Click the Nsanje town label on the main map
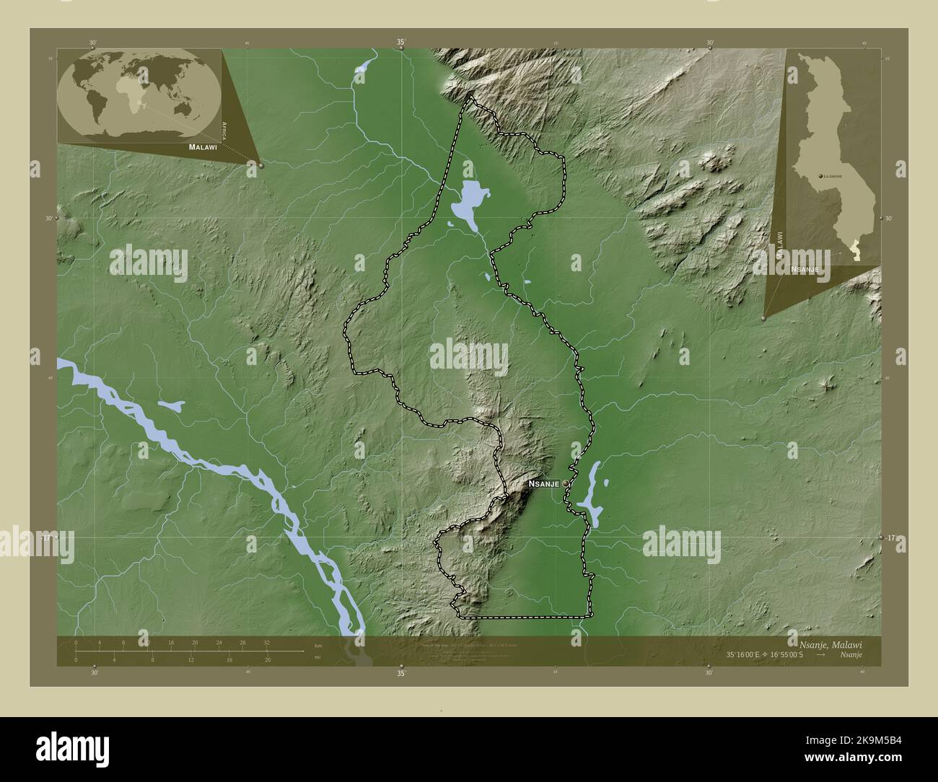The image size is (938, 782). point(543,485)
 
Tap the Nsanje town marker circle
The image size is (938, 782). point(565,485)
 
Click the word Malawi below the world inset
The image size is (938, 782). point(203,146)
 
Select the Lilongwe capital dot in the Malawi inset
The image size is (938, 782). point(820,176)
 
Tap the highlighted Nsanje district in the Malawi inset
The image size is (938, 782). point(855,251)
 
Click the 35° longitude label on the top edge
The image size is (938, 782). point(401,43)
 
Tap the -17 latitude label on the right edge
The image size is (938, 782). point(891,538)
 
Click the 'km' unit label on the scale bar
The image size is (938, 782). point(317,646)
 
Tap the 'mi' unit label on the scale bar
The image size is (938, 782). point(317,658)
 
